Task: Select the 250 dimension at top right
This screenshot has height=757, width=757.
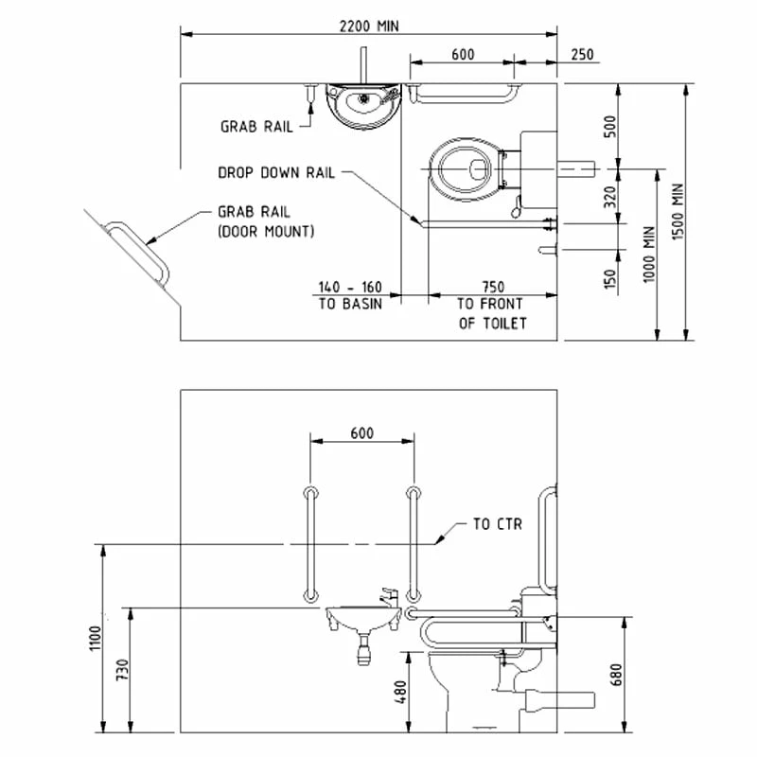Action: [582, 55]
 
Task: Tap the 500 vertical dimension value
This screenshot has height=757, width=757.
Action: [610, 126]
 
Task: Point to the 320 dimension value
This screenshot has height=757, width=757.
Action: [610, 197]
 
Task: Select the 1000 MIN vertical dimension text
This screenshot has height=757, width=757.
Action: [647, 253]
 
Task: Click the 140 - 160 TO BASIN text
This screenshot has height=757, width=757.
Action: [350, 294]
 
